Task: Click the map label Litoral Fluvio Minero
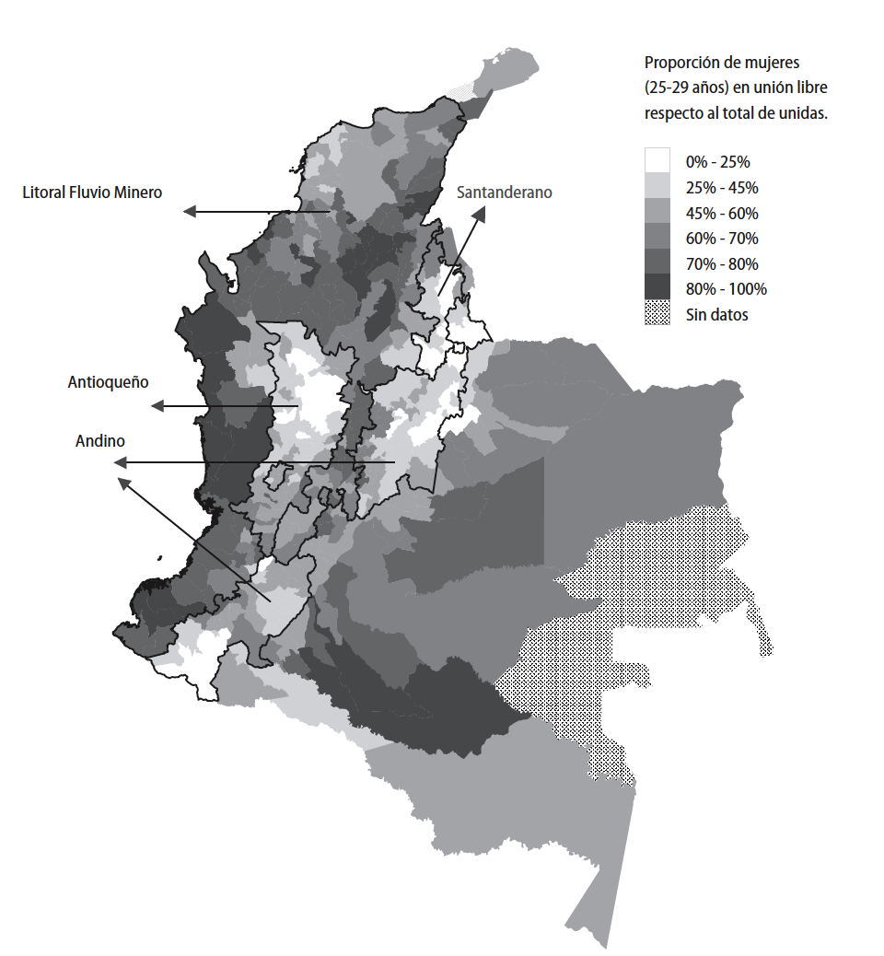[x=92, y=192]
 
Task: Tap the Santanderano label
[x=504, y=192]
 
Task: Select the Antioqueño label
[x=108, y=381]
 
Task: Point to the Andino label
[x=99, y=441]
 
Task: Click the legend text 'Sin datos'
[x=716, y=315]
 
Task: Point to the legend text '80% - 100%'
[x=726, y=289]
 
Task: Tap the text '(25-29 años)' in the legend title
[x=686, y=88]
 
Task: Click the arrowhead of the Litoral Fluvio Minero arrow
[x=189, y=212]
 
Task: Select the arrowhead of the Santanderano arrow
[x=481, y=213]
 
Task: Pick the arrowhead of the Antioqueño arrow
[x=157, y=406]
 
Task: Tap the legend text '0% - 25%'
[x=717, y=162]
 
